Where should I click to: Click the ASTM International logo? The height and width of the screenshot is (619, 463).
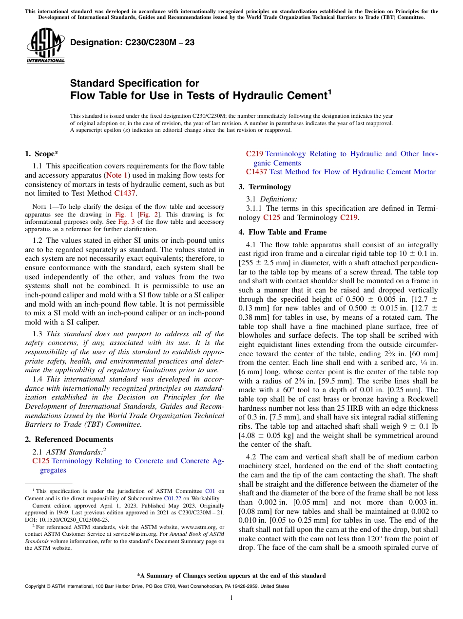click(x=45, y=47)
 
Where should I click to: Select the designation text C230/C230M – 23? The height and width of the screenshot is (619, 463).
click(x=132, y=43)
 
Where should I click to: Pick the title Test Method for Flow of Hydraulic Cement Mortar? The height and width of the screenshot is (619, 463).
click(x=352, y=172)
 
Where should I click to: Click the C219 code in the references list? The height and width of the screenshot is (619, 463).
click(x=254, y=154)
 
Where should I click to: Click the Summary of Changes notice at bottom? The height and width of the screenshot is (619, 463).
click(x=231, y=576)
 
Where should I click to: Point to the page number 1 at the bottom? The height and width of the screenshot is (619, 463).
click(x=231, y=598)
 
